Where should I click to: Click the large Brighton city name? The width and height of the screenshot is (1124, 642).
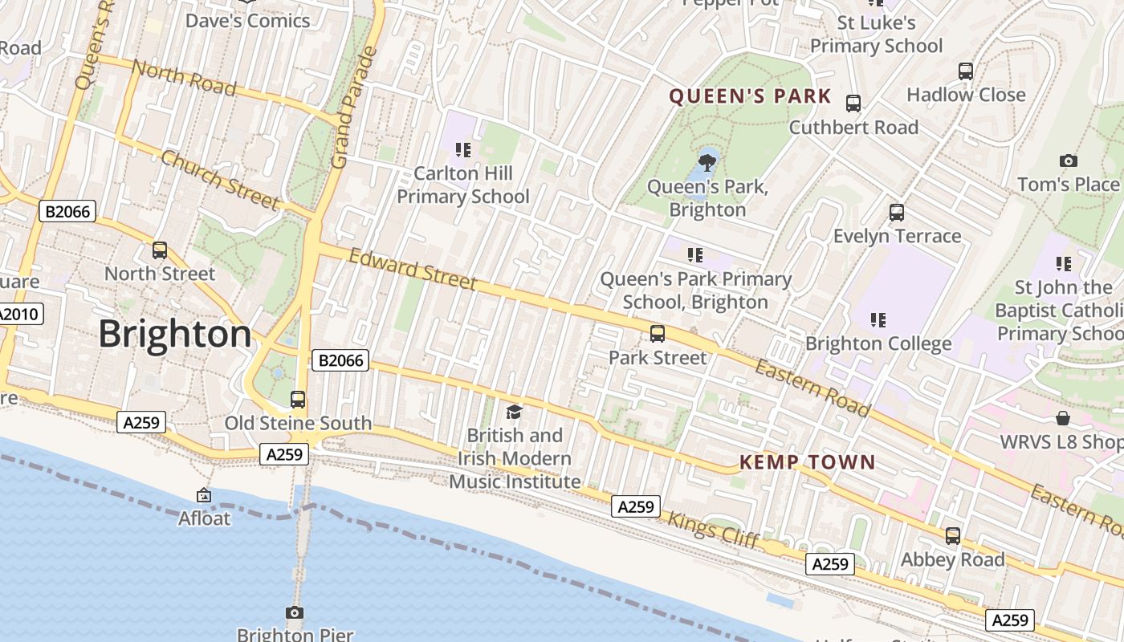click(x=174, y=334)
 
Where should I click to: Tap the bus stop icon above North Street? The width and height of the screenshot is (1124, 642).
click(x=160, y=250)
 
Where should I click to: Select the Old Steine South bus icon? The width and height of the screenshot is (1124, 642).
click(x=298, y=400)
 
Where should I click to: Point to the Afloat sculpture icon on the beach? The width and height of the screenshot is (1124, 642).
click(x=204, y=496)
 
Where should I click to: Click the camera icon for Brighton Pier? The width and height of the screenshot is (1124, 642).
click(x=295, y=613)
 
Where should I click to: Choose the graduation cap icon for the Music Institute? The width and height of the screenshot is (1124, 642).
click(x=514, y=412)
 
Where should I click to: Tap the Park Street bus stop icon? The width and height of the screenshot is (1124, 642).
click(x=658, y=334)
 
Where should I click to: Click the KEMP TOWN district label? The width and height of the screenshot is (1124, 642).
click(x=807, y=462)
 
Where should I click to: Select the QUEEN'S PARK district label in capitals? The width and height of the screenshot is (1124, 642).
click(x=750, y=97)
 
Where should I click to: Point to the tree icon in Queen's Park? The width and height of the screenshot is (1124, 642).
click(x=707, y=164)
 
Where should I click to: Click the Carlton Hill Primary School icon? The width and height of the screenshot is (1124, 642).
click(x=462, y=150)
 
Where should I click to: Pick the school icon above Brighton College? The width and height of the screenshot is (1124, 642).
click(x=878, y=320)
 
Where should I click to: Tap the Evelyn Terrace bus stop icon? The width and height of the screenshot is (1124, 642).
click(x=897, y=213)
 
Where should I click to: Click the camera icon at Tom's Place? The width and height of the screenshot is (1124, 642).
click(x=1068, y=161)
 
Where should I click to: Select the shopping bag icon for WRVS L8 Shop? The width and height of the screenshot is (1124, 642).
click(x=1063, y=418)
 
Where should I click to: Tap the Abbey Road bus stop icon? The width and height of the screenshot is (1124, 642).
click(x=953, y=536)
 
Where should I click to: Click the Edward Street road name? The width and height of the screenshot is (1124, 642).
click(x=413, y=269)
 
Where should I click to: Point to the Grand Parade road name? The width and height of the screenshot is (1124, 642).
click(x=354, y=108)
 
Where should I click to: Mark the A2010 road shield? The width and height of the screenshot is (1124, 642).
click(x=19, y=314)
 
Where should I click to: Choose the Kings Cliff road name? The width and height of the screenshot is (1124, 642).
click(x=713, y=530)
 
